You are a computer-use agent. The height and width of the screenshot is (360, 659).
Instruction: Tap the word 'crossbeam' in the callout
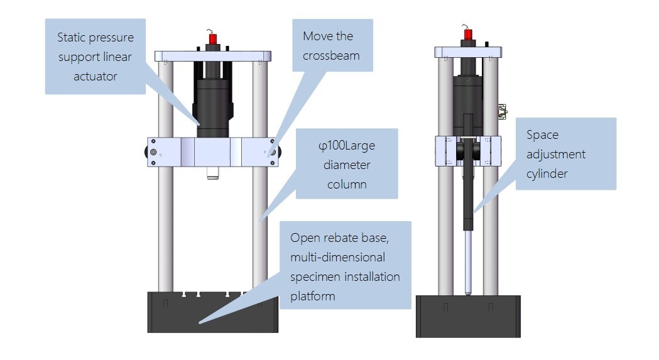pyautogui.click(x=331, y=55)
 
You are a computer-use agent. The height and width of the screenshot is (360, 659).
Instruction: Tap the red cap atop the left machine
pyautogui.click(x=213, y=40)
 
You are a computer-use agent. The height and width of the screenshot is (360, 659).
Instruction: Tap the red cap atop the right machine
pyautogui.click(x=468, y=35)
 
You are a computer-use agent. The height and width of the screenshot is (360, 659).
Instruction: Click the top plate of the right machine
pyautogui.click(x=468, y=53)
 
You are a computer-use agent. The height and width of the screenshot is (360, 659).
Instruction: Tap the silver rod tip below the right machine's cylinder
pyautogui.click(x=467, y=264)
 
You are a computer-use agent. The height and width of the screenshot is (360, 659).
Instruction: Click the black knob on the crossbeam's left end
pyautogui.click(x=151, y=153)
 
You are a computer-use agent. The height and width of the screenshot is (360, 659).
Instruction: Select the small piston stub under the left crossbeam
pyautogui.click(x=212, y=172)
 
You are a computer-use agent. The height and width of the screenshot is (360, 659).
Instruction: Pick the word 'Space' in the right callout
pyautogui.click(x=543, y=134)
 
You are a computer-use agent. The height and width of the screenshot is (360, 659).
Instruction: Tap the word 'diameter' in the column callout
pyautogui.click(x=347, y=165)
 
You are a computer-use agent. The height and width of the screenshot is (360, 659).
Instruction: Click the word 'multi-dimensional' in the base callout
pyautogui.click(x=338, y=258)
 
